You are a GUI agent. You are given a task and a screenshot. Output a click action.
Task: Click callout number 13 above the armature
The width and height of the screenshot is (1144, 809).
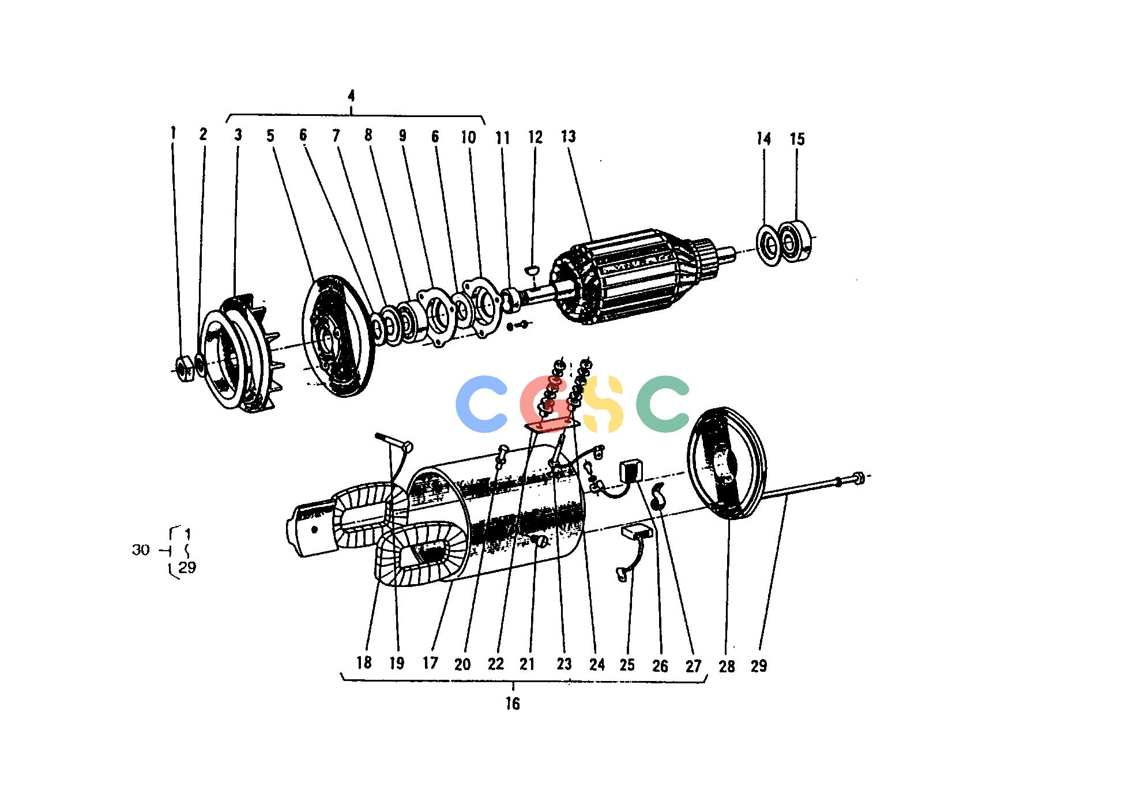click(568, 137)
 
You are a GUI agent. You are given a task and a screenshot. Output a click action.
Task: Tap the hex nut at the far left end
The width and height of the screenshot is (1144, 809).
click(185, 367)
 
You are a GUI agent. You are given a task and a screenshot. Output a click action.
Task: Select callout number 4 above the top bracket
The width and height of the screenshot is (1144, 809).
click(351, 96)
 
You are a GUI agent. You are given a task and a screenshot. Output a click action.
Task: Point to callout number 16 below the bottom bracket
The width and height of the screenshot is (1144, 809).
click(512, 703)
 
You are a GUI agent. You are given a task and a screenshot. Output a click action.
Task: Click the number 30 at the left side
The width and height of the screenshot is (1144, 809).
click(141, 550)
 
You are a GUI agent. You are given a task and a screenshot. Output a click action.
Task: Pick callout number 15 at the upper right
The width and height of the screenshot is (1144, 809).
click(797, 139)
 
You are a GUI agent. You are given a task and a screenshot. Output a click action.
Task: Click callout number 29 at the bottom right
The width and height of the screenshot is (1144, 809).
click(759, 665)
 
